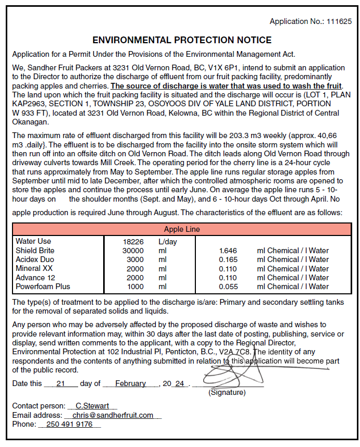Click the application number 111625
[339, 21]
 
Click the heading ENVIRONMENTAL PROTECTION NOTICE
[182, 40]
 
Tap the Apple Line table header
[182, 229]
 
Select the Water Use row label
[33, 241]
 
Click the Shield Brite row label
[35, 251]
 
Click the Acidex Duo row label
[34, 259]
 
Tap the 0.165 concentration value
[228, 259]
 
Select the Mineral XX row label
[34, 268]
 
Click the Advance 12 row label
[35, 278]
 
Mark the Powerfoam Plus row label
[43, 287]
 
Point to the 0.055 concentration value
[228, 287]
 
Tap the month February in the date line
[131, 383]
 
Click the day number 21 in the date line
[60, 383]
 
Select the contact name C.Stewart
[92, 406]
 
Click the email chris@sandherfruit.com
[113, 415]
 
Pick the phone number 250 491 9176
[69, 424]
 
